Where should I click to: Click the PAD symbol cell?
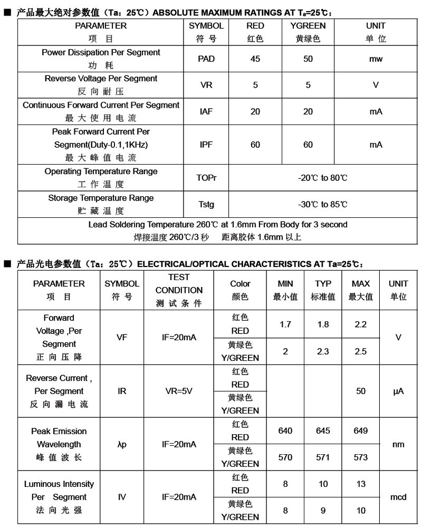coord(206,59)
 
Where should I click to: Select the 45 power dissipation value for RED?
coord(255,59)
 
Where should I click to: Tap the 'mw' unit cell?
coord(376,59)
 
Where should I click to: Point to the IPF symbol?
coord(206,145)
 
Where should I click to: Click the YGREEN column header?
coord(308,25)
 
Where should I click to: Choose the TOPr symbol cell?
coord(206,178)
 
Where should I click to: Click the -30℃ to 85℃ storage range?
coord(323,204)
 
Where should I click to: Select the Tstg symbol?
coord(206,204)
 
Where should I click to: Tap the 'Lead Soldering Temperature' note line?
coord(218,224)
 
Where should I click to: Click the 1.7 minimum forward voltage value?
coord(285,324)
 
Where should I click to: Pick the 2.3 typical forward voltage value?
coord(323,351)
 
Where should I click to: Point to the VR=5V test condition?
coord(179,391)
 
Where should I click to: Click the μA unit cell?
coord(398,391)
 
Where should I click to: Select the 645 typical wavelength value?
coord(323,431)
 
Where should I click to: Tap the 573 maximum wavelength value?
coord(361,457)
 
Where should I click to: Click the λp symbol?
coord(122,444)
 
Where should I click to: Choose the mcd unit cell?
coord(398,497)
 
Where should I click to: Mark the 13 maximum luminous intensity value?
coord(361,484)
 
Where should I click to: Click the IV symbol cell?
coord(122,497)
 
